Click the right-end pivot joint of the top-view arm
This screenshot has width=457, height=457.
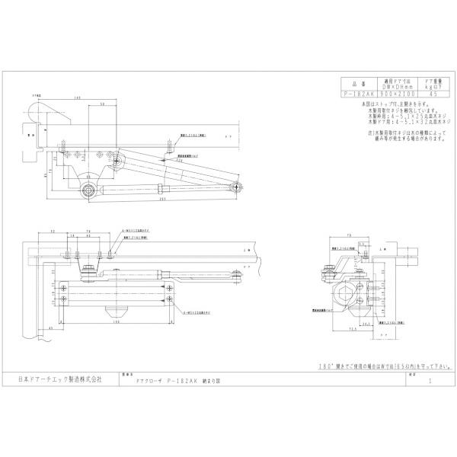pos(238,186)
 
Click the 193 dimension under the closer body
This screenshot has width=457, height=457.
pos(120,321)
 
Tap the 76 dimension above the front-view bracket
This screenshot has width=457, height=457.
pos(88,229)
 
